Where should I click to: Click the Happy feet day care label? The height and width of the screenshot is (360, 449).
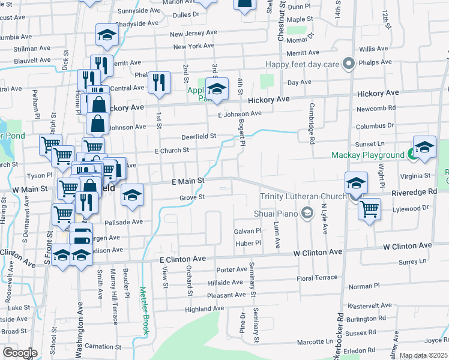(304, 64)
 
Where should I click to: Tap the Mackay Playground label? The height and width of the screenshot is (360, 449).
(368, 155)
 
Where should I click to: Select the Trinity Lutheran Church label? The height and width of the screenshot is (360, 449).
(303, 196)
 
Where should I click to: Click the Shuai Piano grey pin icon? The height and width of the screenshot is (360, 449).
(307, 212)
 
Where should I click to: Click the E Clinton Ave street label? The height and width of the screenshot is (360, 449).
(182, 259)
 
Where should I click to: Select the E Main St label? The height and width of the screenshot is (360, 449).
(188, 181)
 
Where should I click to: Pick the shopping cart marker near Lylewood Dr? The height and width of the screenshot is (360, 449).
(369, 210)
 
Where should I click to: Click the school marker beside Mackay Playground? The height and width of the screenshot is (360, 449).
(424, 148)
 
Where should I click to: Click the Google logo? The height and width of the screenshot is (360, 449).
(20, 352)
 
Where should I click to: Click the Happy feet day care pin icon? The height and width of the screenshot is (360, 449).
(348, 64)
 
